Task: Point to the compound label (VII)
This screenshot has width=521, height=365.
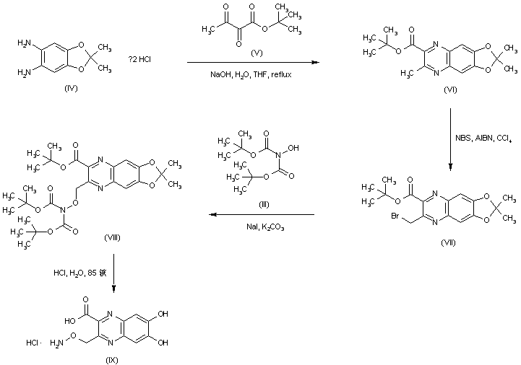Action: pyautogui.click(x=448, y=243)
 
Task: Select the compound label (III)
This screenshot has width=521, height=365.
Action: pyautogui.click(x=264, y=204)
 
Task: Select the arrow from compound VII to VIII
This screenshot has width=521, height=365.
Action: pyautogui.click(x=262, y=215)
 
